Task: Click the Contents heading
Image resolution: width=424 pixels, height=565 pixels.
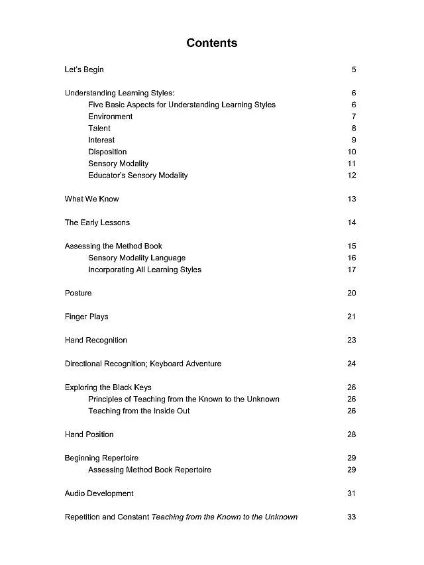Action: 211,43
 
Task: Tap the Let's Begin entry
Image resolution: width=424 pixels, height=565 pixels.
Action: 84,70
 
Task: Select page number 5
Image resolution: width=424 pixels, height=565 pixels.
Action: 354,70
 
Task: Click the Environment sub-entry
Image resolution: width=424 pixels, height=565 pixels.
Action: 110,117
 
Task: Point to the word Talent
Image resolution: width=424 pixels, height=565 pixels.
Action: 99,128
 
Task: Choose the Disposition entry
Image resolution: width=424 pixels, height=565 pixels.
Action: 107,152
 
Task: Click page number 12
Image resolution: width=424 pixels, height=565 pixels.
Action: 352,176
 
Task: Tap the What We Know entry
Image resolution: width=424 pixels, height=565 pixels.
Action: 91,199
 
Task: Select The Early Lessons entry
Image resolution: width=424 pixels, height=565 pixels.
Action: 97,223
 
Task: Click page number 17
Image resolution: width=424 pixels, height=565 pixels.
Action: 352,270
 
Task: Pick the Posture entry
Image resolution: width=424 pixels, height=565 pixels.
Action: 78,293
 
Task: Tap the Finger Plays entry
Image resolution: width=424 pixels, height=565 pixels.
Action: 86,317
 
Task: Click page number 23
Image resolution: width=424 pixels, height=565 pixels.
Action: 352,340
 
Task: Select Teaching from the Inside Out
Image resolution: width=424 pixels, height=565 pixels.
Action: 139,411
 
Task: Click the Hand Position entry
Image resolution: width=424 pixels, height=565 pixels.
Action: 89,435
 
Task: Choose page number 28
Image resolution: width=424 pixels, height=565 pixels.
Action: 352,435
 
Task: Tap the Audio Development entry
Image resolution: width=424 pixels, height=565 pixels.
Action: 99,493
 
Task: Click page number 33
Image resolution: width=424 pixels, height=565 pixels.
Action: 352,517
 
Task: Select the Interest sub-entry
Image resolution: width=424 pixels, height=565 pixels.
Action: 101,140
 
